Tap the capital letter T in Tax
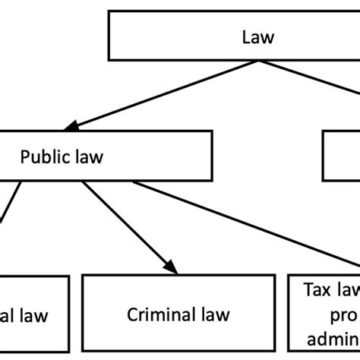click(308, 289)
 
